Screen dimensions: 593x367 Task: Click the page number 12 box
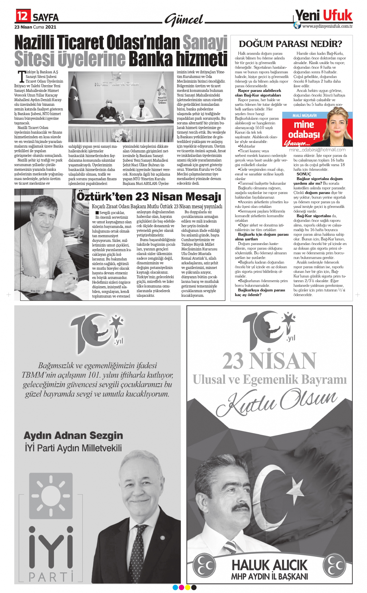click(23, 16)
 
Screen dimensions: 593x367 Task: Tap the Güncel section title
click(184, 20)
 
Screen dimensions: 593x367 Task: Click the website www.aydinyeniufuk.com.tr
click(327, 26)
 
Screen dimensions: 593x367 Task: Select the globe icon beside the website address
click(297, 26)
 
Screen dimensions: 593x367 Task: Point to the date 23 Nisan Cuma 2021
click(35, 27)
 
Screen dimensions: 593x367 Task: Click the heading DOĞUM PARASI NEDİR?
click(290, 44)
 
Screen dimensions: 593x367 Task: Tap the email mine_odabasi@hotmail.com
click(317, 150)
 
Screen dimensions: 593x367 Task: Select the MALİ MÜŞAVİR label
click(304, 115)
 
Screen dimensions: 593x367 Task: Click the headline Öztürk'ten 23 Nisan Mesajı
click(149, 197)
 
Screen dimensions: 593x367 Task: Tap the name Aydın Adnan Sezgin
click(73, 435)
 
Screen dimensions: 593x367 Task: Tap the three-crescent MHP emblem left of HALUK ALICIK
click(204, 565)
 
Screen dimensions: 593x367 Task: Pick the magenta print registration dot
click(181, 587)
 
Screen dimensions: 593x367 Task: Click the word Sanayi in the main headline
click(205, 43)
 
